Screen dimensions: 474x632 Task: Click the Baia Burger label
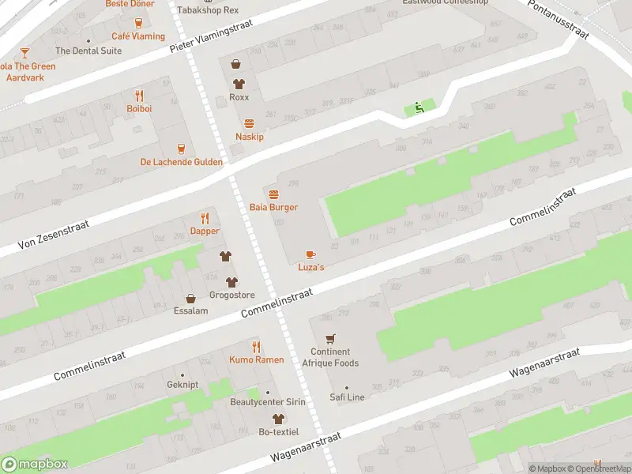tap(273, 207)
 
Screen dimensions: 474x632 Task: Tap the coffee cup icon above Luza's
tap(310, 254)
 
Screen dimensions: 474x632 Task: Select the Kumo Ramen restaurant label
tap(256, 359)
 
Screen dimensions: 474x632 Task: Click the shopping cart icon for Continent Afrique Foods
tap(330, 338)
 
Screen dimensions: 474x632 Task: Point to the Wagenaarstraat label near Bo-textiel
tap(305, 447)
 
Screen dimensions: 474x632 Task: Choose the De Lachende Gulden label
tap(181, 162)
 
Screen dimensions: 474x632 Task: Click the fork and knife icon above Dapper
tap(205, 218)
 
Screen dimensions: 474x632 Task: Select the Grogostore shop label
tap(231, 295)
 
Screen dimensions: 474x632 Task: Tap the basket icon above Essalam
tap(190, 299)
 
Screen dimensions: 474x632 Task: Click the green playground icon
tap(419, 108)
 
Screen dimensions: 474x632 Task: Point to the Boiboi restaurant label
tap(139, 108)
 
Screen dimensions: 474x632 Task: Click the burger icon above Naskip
tap(250, 123)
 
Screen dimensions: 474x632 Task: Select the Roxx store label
tap(239, 97)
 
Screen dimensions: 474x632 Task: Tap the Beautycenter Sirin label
tap(268, 402)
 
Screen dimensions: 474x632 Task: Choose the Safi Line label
tap(347, 397)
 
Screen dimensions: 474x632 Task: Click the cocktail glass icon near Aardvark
tap(24, 53)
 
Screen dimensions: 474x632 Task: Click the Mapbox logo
tap(35, 465)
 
